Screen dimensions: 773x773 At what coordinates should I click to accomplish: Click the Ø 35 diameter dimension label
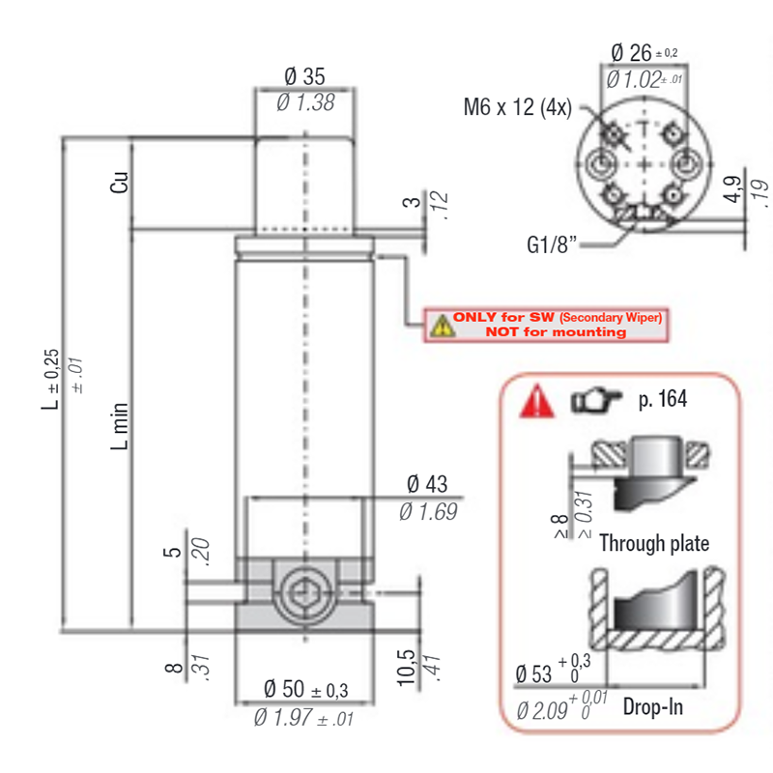tap(304, 76)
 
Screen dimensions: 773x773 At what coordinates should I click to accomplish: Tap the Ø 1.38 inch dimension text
tap(305, 102)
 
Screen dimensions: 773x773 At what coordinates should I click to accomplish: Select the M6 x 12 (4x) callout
tap(518, 107)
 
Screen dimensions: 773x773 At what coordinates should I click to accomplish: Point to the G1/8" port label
tap(552, 244)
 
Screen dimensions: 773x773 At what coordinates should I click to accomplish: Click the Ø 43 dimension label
tap(427, 484)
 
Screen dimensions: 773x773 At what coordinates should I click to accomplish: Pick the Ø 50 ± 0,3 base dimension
tap(305, 689)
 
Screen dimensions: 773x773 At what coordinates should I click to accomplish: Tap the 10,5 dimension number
tap(406, 668)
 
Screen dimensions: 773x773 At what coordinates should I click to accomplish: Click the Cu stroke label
tap(119, 182)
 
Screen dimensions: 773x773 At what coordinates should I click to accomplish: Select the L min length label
tap(119, 426)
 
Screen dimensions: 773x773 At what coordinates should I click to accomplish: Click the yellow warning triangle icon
tap(443, 326)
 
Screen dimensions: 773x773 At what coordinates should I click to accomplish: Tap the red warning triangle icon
tap(537, 401)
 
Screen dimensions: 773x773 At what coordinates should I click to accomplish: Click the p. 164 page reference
tap(663, 399)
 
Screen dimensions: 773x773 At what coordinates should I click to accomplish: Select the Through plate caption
tap(654, 543)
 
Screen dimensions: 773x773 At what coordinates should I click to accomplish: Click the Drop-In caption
tap(653, 707)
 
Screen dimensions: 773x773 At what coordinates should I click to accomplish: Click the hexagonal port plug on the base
tap(304, 594)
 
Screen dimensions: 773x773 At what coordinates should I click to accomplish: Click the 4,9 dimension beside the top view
tap(732, 188)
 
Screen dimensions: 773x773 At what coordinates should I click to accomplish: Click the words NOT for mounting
tap(557, 331)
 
